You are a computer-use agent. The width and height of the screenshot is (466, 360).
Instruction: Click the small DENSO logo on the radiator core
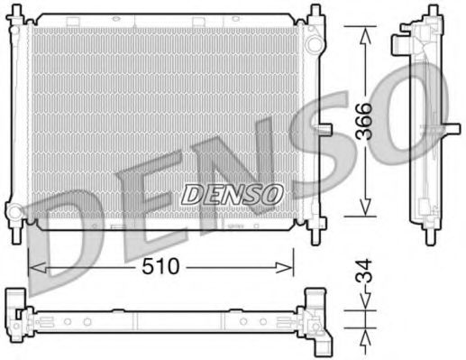coord(233,193)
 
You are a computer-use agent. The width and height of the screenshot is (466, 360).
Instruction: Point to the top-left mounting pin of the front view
coord(17,13)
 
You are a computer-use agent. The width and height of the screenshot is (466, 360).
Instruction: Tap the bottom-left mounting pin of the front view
coord(17,236)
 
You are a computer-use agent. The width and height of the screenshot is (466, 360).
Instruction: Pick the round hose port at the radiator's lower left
coord(15,214)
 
